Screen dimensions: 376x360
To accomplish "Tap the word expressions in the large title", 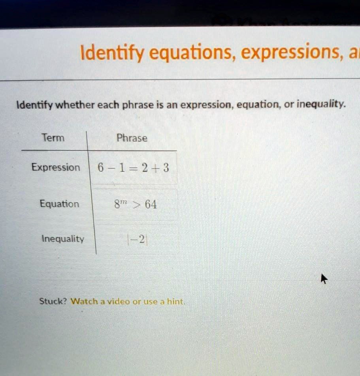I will click(x=291, y=53).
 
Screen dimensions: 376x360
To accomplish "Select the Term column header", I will click(x=53, y=138).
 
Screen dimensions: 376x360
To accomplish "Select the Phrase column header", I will click(x=132, y=138).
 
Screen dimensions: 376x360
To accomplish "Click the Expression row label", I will click(x=56, y=167).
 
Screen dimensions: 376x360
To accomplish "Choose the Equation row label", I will click(x=59, y=204).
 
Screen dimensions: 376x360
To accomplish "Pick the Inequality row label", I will click(x=63, y=239).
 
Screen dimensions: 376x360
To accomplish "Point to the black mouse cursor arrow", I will click(x=324, y=279).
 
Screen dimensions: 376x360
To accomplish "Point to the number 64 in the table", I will click(x=150, y=205).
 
